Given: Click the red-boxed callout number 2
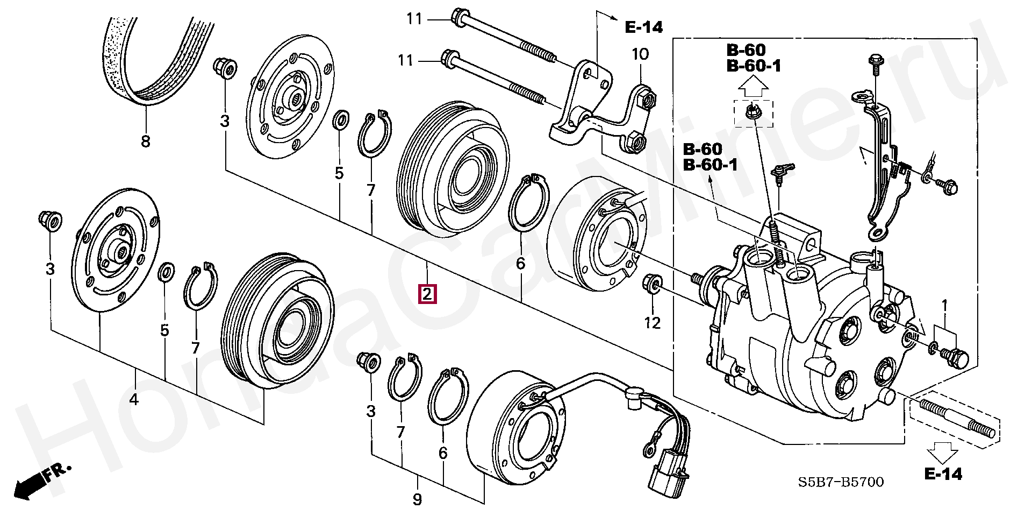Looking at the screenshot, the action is click(x=427, y=295).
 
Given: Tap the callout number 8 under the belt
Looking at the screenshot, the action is click(x=146, y=142).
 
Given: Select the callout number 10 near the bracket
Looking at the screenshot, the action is click(x=640, y=54).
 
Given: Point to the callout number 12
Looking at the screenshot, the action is click(x=653, y=323).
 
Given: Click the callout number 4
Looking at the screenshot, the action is click(x=134, y=399).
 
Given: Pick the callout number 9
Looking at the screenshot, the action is click(x=417, y=499).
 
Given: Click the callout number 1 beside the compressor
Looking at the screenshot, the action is click(x=944, y=306).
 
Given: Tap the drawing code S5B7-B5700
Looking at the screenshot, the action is click(x=841, y=482).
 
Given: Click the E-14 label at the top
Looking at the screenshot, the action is click(x=644, y=27).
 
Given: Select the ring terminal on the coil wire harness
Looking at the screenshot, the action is click(x=646, y=447).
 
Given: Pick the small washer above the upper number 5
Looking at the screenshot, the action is click(x=340, y=121).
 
